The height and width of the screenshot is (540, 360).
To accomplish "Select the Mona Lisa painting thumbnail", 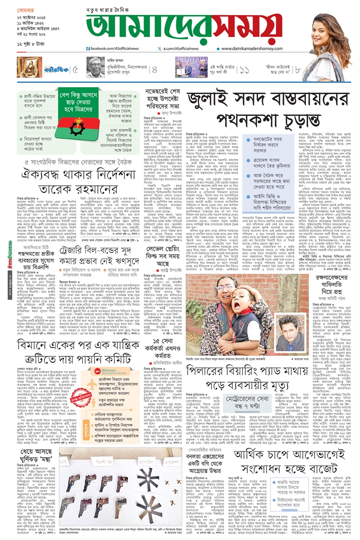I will (29, 67).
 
